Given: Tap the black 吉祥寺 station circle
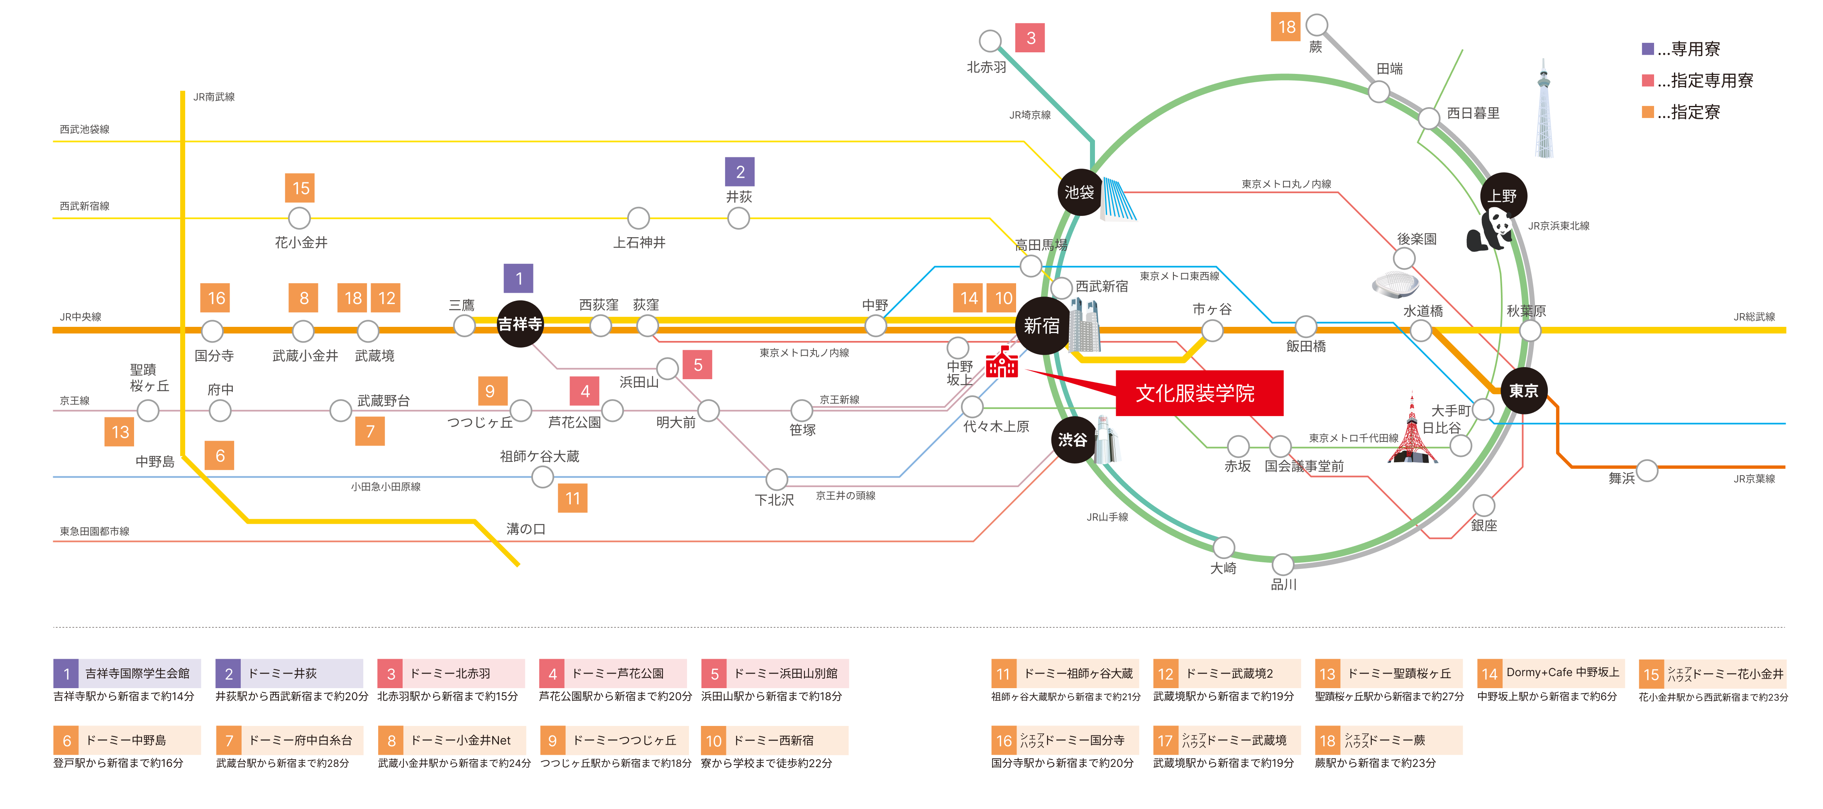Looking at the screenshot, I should (520, 324).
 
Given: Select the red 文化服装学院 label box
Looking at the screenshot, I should (1199, 393).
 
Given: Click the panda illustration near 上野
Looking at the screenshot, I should (1490, 230).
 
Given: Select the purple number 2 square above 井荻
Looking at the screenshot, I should (740, 172).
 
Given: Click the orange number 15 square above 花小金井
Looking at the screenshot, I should (300, 188).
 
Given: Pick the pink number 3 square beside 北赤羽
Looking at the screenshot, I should (1030, 38).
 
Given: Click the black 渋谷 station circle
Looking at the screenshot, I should (1073, 440).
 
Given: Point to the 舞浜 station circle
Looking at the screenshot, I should (1646, 471).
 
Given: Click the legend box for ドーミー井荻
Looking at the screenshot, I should (289, 673).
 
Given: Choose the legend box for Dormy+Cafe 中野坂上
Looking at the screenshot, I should (1548, 673).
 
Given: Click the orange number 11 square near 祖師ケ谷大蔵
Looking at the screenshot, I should (572, 498).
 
